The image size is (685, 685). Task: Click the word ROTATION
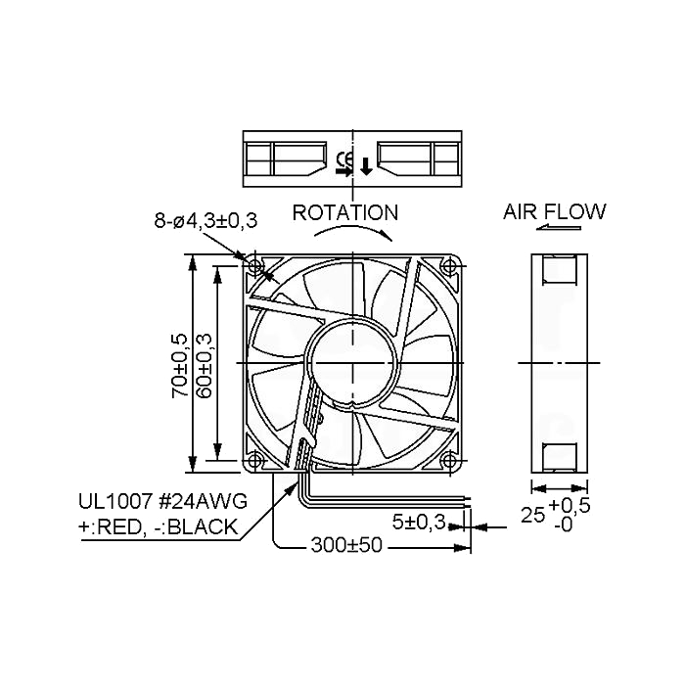tap(345, 212)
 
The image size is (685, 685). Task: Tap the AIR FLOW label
tap(555, 212)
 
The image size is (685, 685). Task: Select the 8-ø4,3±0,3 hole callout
tap(205, 220)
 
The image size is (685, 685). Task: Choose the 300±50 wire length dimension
tap(346, 545)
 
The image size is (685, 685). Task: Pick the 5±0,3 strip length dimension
tap(419, 522)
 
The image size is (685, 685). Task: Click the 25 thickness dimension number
tap(532, 515)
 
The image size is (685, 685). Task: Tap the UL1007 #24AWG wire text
tap(163, 501)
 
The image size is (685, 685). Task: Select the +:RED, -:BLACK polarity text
tap(158, 527)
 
